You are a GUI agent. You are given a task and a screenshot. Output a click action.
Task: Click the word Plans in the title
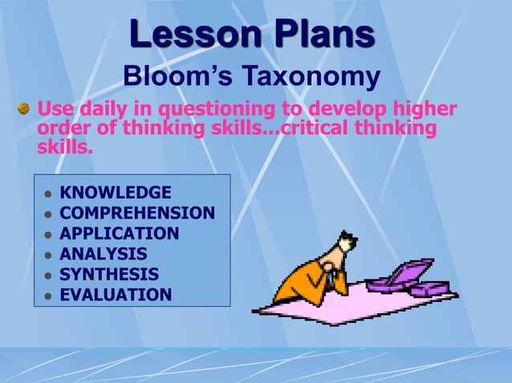click(315, 34)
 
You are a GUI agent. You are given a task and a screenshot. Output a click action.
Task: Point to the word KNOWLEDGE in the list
click(116, 192)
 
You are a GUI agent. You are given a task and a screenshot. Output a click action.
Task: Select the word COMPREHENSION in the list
click(137, 213)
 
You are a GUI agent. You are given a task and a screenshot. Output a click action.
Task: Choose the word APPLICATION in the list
click(120, 234)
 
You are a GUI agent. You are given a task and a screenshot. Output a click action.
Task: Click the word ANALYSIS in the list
click(104, 254)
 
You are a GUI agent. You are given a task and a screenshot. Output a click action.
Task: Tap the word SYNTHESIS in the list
click(109, 275)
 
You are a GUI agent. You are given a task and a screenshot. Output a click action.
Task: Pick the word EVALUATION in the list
click(116, 295)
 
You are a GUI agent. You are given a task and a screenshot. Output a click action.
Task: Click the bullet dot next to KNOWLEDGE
click(48, 194)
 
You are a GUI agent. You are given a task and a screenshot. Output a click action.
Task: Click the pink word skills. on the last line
click(65, 148)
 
